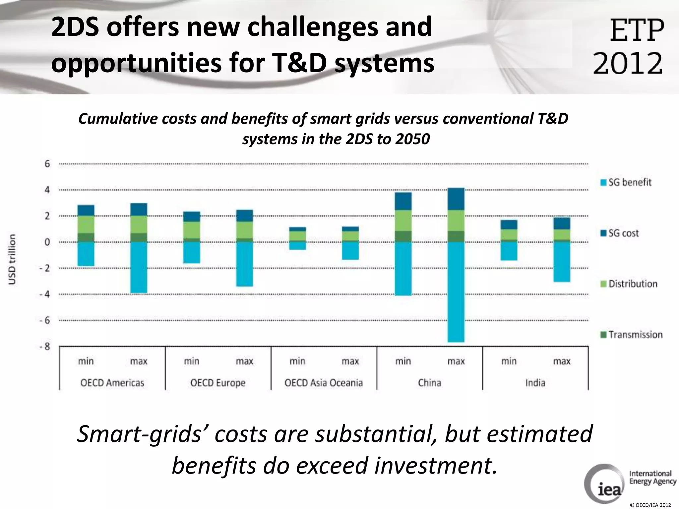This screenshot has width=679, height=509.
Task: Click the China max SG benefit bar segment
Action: [x=456, y=292]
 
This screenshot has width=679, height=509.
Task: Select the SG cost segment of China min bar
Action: [x=403, y=201]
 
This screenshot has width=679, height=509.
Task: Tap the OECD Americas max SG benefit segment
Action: [x=139, y=267]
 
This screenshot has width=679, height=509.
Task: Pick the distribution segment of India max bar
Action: [x=562, y=234]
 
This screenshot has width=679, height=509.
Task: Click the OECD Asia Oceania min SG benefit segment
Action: [x=297, y=246]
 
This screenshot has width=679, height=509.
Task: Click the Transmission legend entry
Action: [x=631, y=335]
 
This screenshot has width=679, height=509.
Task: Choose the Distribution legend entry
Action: [x=629, y=284]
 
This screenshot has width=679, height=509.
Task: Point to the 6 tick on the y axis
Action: [x=47, y=164]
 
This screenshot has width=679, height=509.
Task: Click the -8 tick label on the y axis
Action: [x=45, y=347]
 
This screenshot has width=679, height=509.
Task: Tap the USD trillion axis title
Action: [x=12, y=259]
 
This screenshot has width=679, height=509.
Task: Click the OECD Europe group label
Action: [x=218, y=383]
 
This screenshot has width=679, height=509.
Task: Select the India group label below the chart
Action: [x=535, y=383]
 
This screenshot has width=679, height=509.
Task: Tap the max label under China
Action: [x=456, y=361]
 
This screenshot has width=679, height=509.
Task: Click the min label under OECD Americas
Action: [x=86, y=361]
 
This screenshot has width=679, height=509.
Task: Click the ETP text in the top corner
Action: [x=637, y=30]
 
